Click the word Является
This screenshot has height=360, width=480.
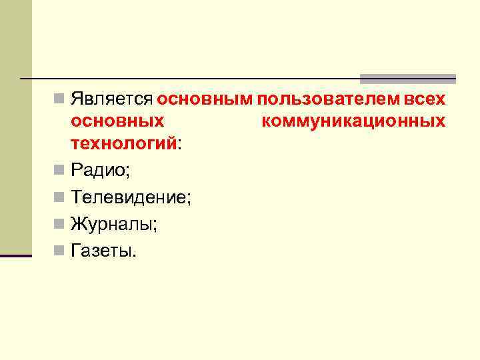tap(113, 100)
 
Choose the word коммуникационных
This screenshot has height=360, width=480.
tap(355, 121)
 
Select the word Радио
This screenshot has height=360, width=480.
tap(100, 171)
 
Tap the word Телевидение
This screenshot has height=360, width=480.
tap(130, 197)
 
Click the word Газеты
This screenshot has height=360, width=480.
tap(102, 251)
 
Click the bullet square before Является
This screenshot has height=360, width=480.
tap(60, 100)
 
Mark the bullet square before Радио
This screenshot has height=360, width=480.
tap(60, 171)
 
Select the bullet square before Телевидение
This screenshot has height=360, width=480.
tap(60, 197)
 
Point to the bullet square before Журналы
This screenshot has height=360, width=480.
tap(60, 224)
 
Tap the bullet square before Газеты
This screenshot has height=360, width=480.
tap(60, 251)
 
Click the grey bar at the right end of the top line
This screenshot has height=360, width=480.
tap(408, 78)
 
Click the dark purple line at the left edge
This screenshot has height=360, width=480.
tap(16, 255)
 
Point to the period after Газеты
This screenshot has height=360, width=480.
tap(133, 255)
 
